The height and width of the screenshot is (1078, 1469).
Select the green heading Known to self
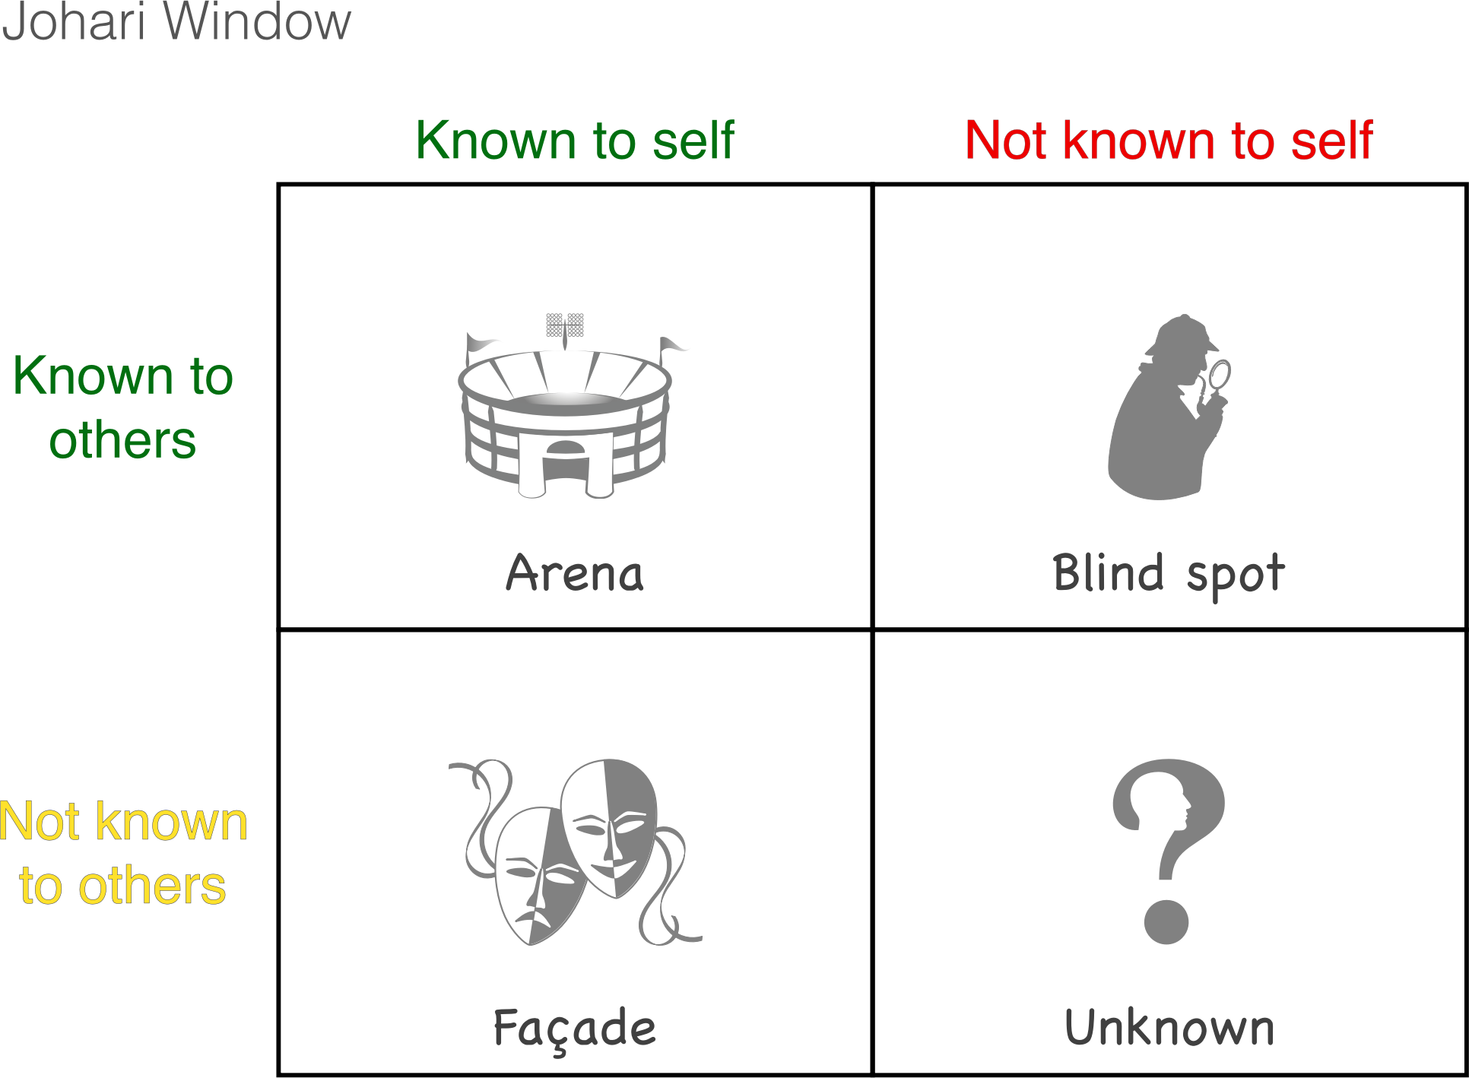point(575,141)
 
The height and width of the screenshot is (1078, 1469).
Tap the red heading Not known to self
point(1169,141)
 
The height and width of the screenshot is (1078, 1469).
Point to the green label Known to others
point(122,407)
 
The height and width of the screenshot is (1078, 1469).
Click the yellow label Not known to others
point(123,853)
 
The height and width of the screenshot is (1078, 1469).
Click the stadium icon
point(566,407)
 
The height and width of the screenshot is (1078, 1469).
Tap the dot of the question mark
point(1166,922)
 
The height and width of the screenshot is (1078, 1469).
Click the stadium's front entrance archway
point(565,461)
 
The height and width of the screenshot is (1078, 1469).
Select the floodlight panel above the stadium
point(565,325)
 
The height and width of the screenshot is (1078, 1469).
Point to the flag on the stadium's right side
point(672,346)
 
